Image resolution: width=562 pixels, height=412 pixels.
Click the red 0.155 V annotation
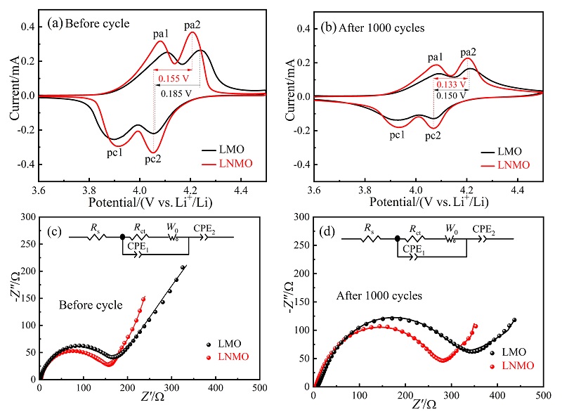pos(171,78)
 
